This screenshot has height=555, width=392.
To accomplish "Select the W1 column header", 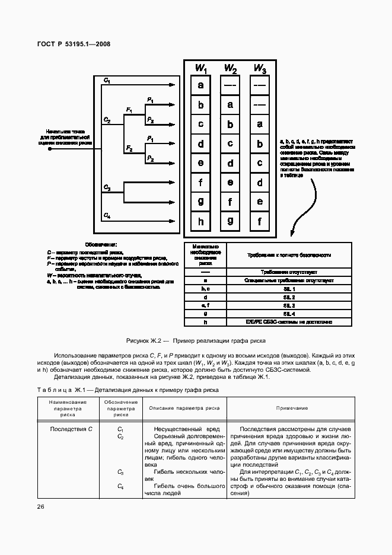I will click(201, 69).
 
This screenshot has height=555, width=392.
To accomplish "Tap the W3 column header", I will click(259, 69).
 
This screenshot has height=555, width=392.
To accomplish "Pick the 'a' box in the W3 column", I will click(259, 124).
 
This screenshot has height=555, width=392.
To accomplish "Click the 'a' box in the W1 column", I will click(201, 85).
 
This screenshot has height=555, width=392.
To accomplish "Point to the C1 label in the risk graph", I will click(107, 79).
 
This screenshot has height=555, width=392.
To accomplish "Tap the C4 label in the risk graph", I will click(107, 215).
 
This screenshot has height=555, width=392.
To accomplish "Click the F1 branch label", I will click(129, 110).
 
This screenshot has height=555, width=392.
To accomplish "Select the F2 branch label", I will click(129, 147).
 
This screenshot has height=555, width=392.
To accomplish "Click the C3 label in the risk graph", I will click(107, 187).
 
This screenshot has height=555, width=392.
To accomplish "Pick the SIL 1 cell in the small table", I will click(289, 288).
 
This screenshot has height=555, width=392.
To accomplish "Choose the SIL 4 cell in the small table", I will click(289, 313).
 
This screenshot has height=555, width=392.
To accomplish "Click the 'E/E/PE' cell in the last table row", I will click(289, 321).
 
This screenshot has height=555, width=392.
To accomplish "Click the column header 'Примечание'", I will click(292, 408).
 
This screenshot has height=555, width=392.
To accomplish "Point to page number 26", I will click(40, 506).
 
